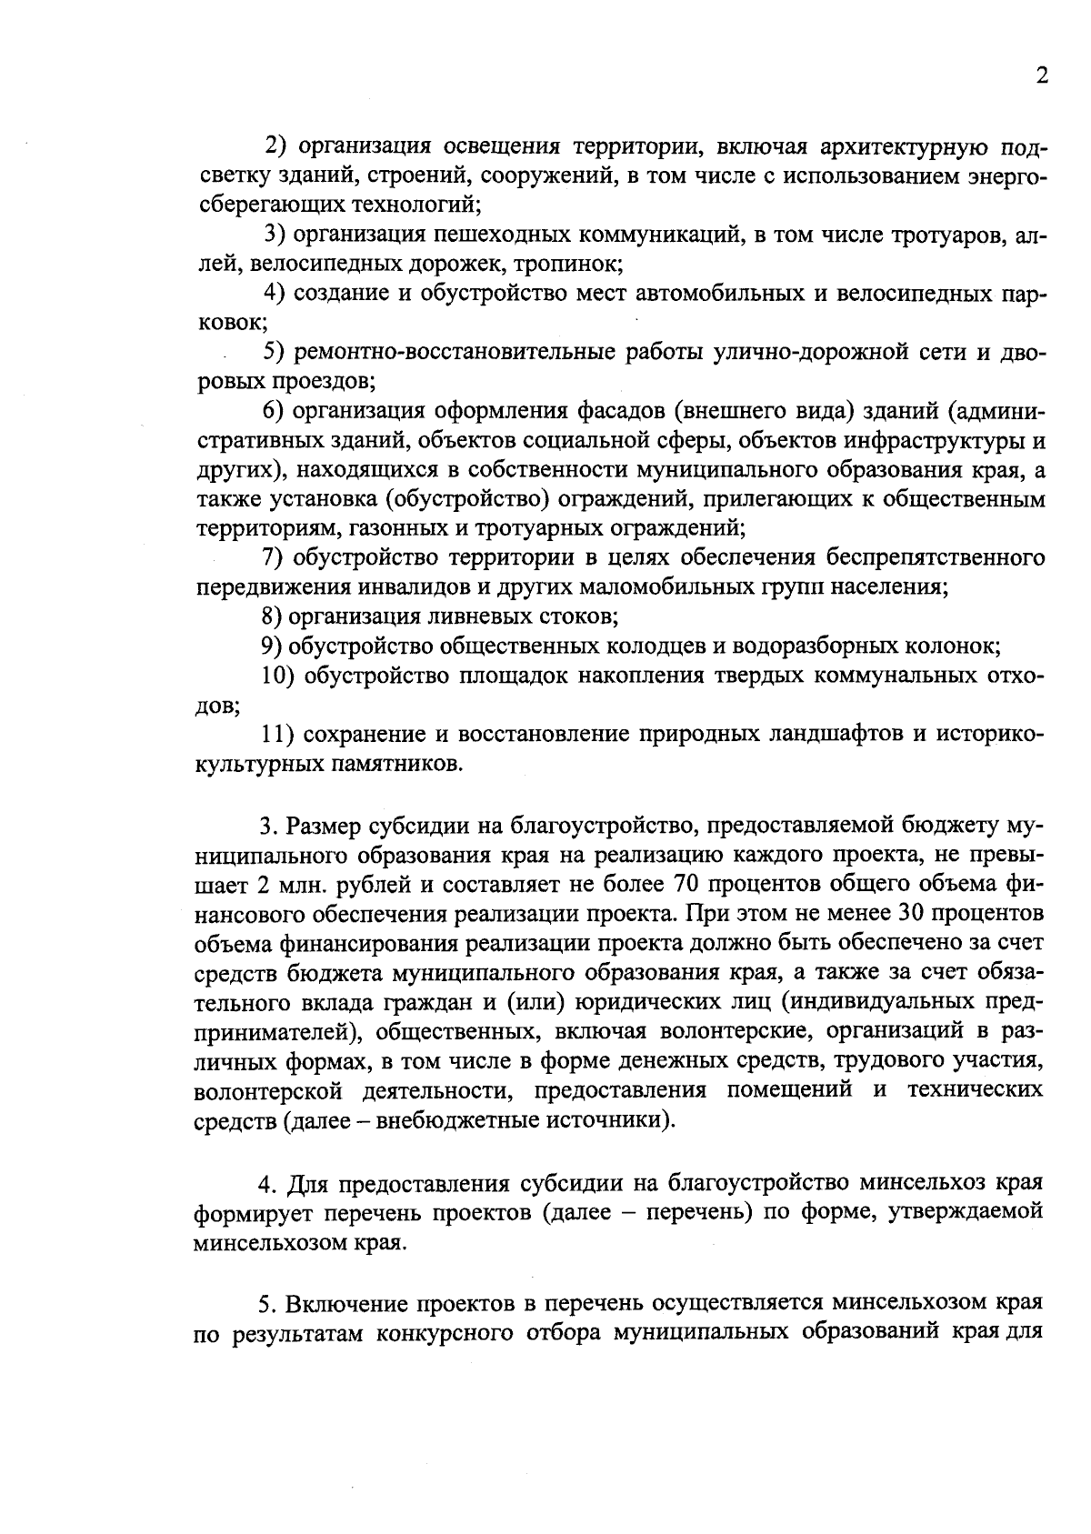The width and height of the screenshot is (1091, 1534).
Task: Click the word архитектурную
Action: click(x=898, y=146)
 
